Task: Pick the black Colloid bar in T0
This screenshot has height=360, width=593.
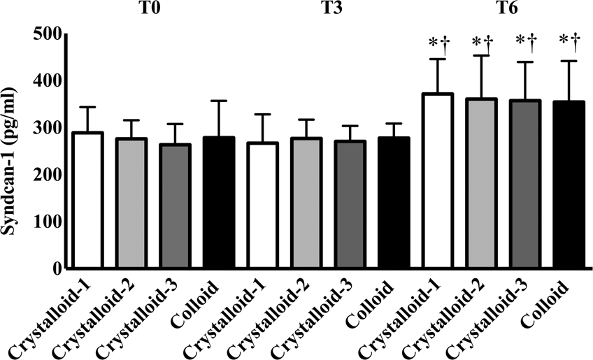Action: [x=218, y=203]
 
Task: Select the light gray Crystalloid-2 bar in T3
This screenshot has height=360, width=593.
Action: [x=306, y=203]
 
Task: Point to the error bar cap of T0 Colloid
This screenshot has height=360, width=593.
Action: [x=218, y=101]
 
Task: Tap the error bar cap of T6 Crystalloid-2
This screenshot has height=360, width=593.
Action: [x=481, y=56]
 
